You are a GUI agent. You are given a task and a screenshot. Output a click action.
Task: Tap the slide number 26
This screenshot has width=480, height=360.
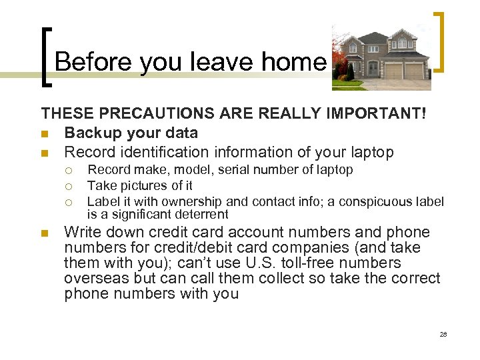pos(443,334)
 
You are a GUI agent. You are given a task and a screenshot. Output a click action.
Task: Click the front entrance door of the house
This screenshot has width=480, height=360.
pos(372,69)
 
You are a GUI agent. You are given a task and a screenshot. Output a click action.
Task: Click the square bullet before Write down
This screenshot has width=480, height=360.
pos(45,233)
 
